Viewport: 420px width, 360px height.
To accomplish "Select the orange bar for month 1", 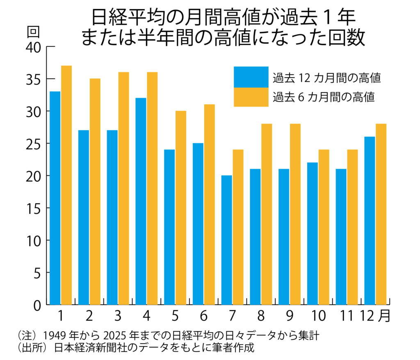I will (66, 185).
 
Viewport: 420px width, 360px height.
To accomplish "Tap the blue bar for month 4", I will (141, 201).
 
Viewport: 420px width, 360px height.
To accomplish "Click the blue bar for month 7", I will (226, 240).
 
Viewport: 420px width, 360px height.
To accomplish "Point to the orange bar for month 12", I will (381, 214).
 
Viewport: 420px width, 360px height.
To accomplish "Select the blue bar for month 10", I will (312, 234).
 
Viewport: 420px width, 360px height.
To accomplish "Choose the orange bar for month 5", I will (181, 208).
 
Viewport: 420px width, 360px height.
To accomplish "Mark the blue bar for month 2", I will (84, 217).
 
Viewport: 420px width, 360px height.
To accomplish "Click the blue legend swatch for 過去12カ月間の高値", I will (251, 77).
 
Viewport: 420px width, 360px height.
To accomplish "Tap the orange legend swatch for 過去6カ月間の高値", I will (251, 97).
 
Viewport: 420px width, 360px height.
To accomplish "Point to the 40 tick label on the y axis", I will (33, 47).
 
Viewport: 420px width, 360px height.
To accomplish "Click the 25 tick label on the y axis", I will (33, 144).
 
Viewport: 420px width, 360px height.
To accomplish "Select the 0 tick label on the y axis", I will (37, 305).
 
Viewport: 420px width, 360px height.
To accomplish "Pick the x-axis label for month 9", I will (289, 316).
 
